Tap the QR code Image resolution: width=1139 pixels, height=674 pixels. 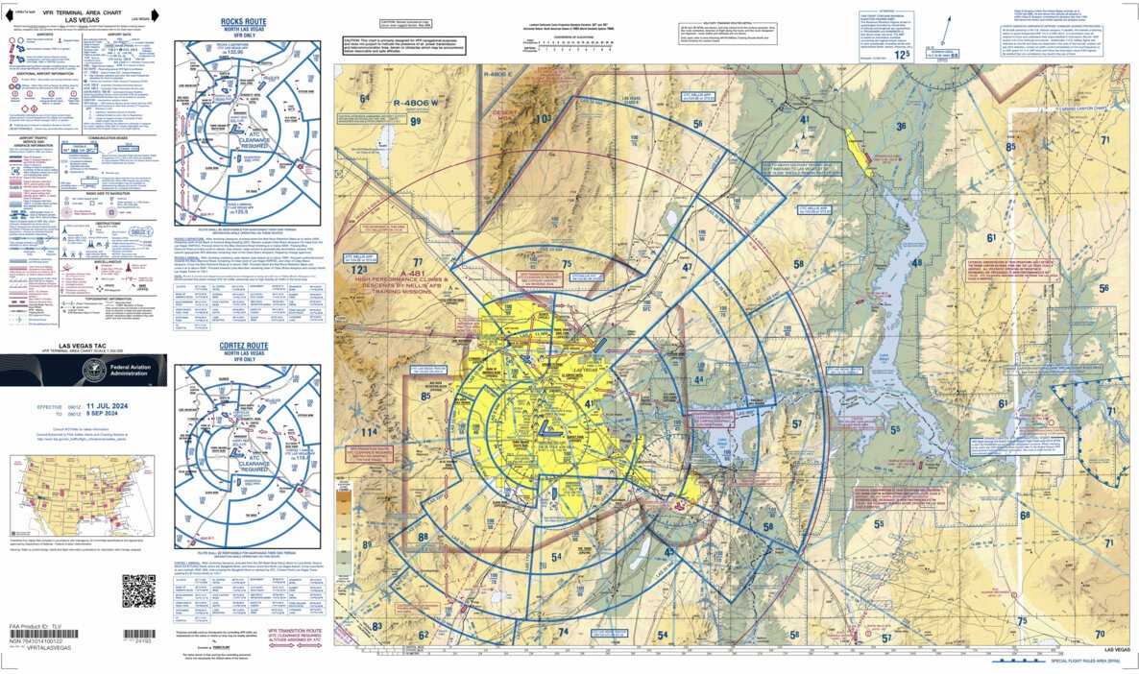click(x=138, y=589)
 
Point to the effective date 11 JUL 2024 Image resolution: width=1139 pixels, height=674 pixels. click(x=113, y=407)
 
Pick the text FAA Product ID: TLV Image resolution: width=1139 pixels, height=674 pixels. click(x=38, y=625)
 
